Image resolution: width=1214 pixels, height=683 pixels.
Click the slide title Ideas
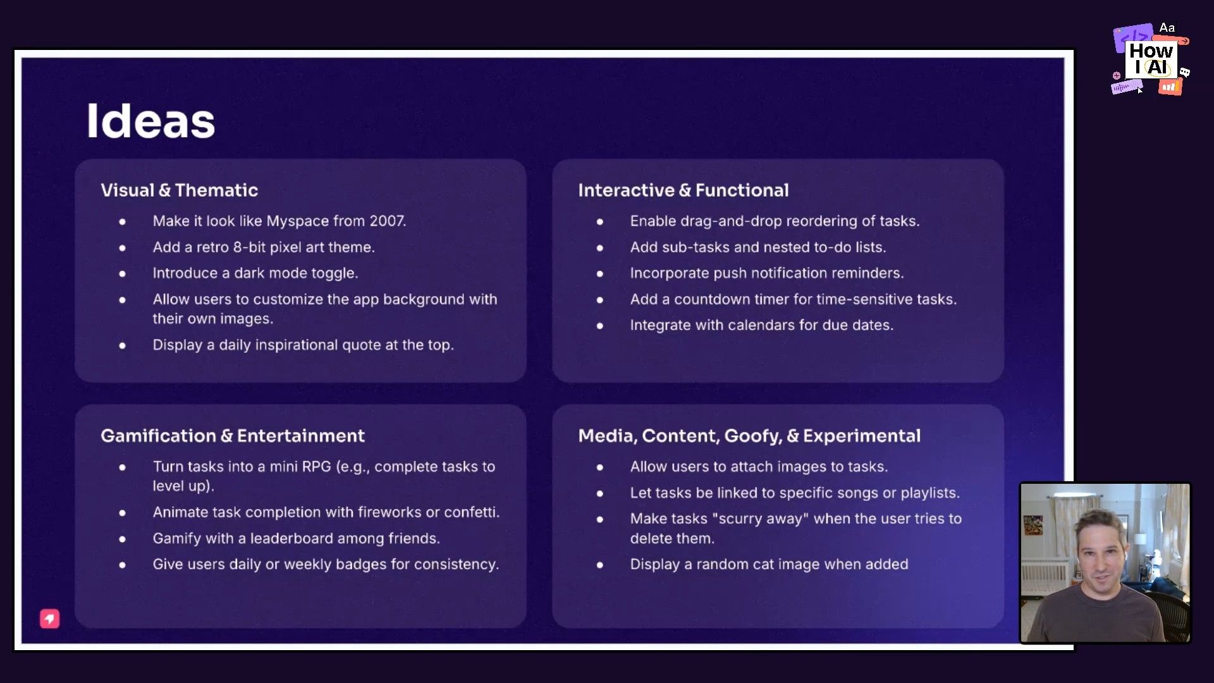pos(150,121)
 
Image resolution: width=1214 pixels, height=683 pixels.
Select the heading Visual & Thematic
pos(179,190)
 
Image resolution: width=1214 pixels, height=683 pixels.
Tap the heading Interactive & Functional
pos(683,190)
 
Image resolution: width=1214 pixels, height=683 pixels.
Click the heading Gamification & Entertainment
pos(232,436)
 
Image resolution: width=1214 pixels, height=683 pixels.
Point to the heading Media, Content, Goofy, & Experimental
pos(749,436)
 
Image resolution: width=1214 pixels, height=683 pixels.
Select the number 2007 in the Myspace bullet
pos(386,221)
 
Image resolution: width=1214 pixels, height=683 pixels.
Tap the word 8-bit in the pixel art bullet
pos(249,247)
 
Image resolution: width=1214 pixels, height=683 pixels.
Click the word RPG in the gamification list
pos(316,467)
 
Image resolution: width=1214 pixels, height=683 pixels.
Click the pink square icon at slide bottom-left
pos(50,618)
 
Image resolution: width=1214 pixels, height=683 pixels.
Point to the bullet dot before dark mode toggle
pos(123,274)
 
